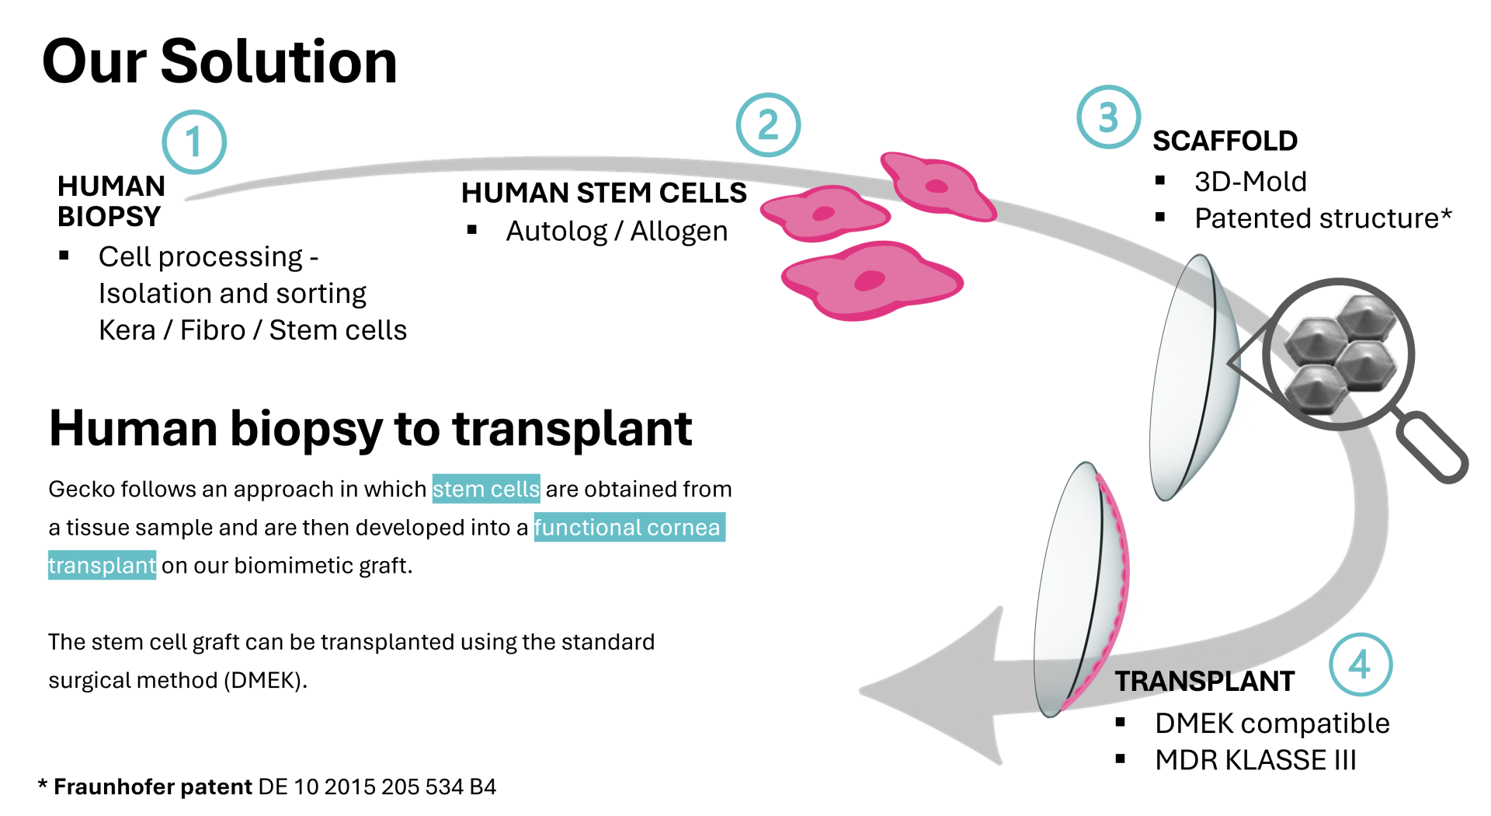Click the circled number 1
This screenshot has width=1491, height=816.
pos(194,141)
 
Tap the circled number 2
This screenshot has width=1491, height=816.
pos(768,125)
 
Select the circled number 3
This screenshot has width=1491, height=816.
pos(1108,117)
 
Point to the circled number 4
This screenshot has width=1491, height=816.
pos(1361,664)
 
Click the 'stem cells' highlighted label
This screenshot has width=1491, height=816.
pos(485,489)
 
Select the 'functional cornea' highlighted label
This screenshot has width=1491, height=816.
pos(629,527)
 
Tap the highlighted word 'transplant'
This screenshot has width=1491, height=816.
pos(102,565)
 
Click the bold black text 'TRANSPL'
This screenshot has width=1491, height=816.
pos(1173,681)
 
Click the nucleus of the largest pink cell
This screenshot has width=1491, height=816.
pos(870,281)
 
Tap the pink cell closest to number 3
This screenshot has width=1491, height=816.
pos(937,185)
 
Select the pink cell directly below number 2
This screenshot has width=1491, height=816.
pos(825,213)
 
